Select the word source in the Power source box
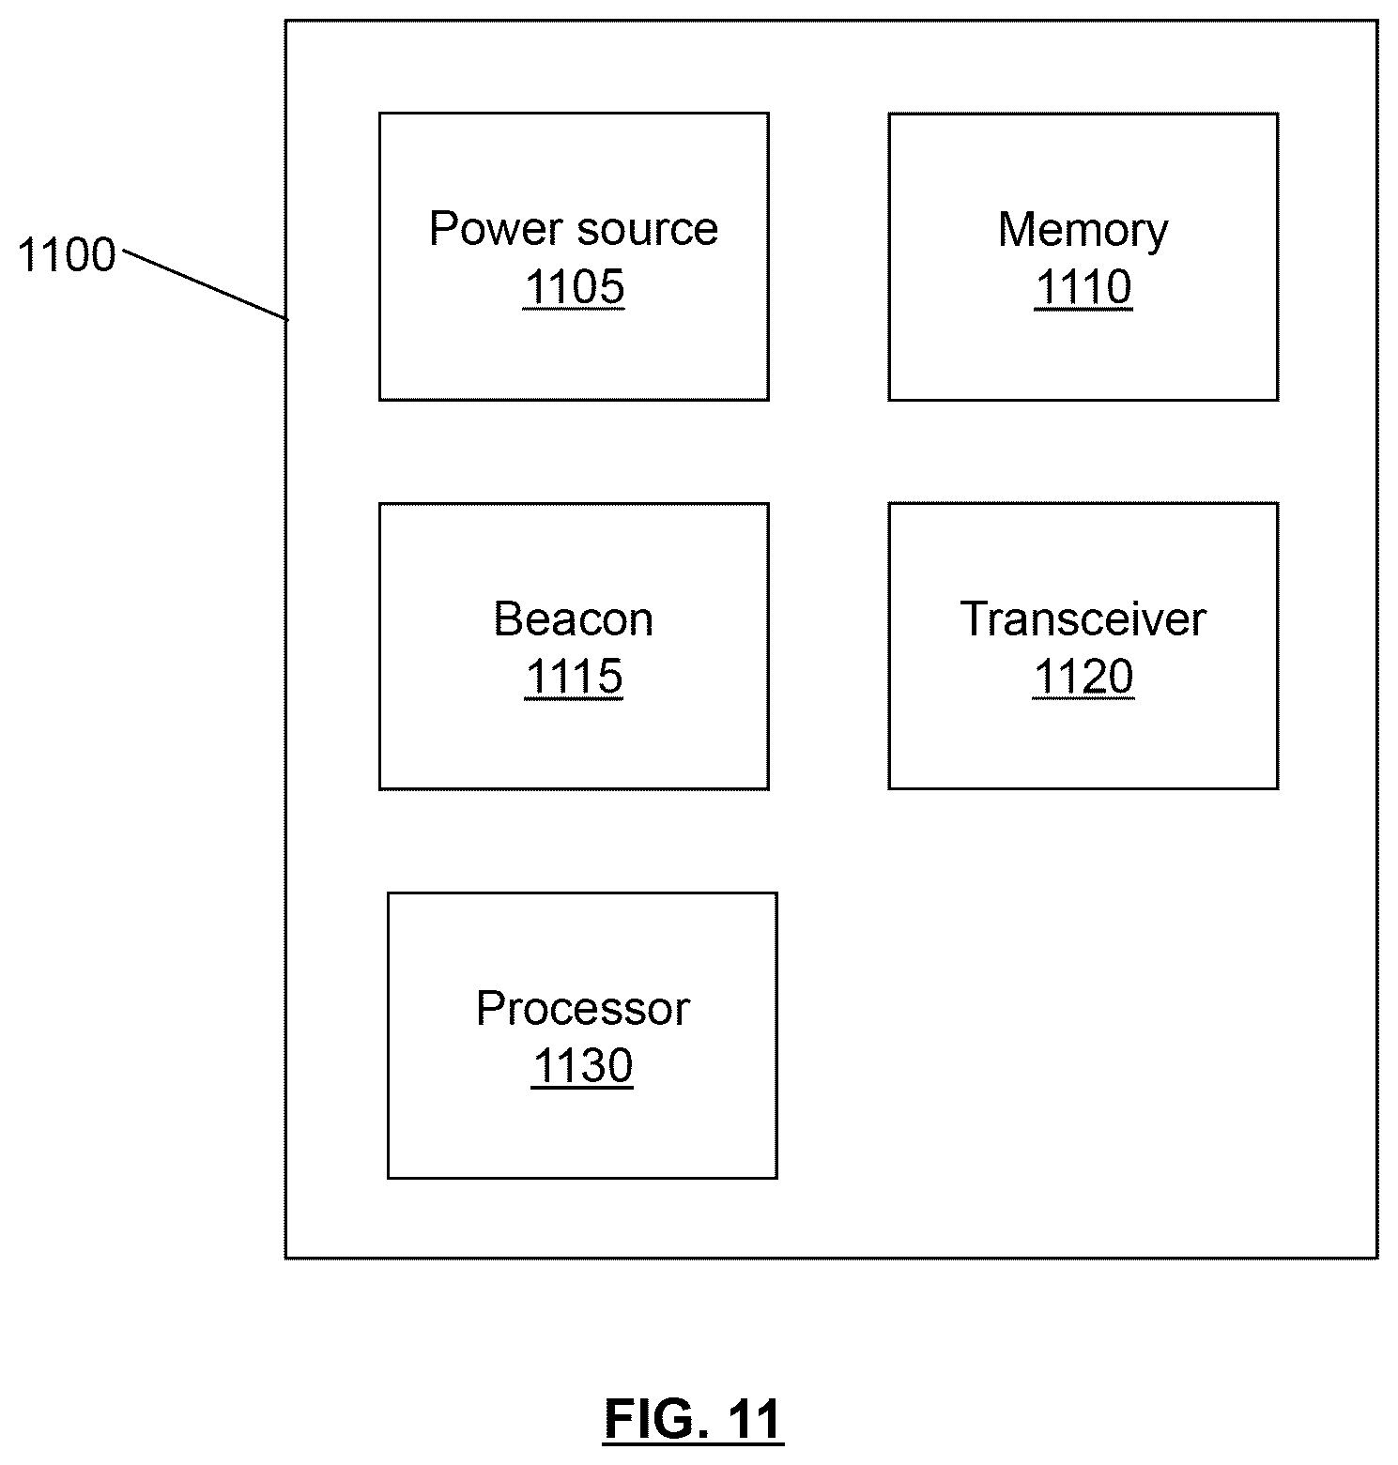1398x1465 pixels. point(648,230)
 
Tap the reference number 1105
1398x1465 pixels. point(574,286)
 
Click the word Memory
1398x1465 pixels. point(1083,231)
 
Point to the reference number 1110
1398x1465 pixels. point(1083,287)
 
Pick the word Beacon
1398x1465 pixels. point(574,619)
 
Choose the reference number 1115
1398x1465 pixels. point(574,677)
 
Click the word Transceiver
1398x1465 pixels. point(1083,619)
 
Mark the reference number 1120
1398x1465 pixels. point(1083,677)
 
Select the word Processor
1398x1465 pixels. point(582,1009)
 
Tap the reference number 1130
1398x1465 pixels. point(582,1066)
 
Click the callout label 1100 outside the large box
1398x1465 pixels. point(66,255)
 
